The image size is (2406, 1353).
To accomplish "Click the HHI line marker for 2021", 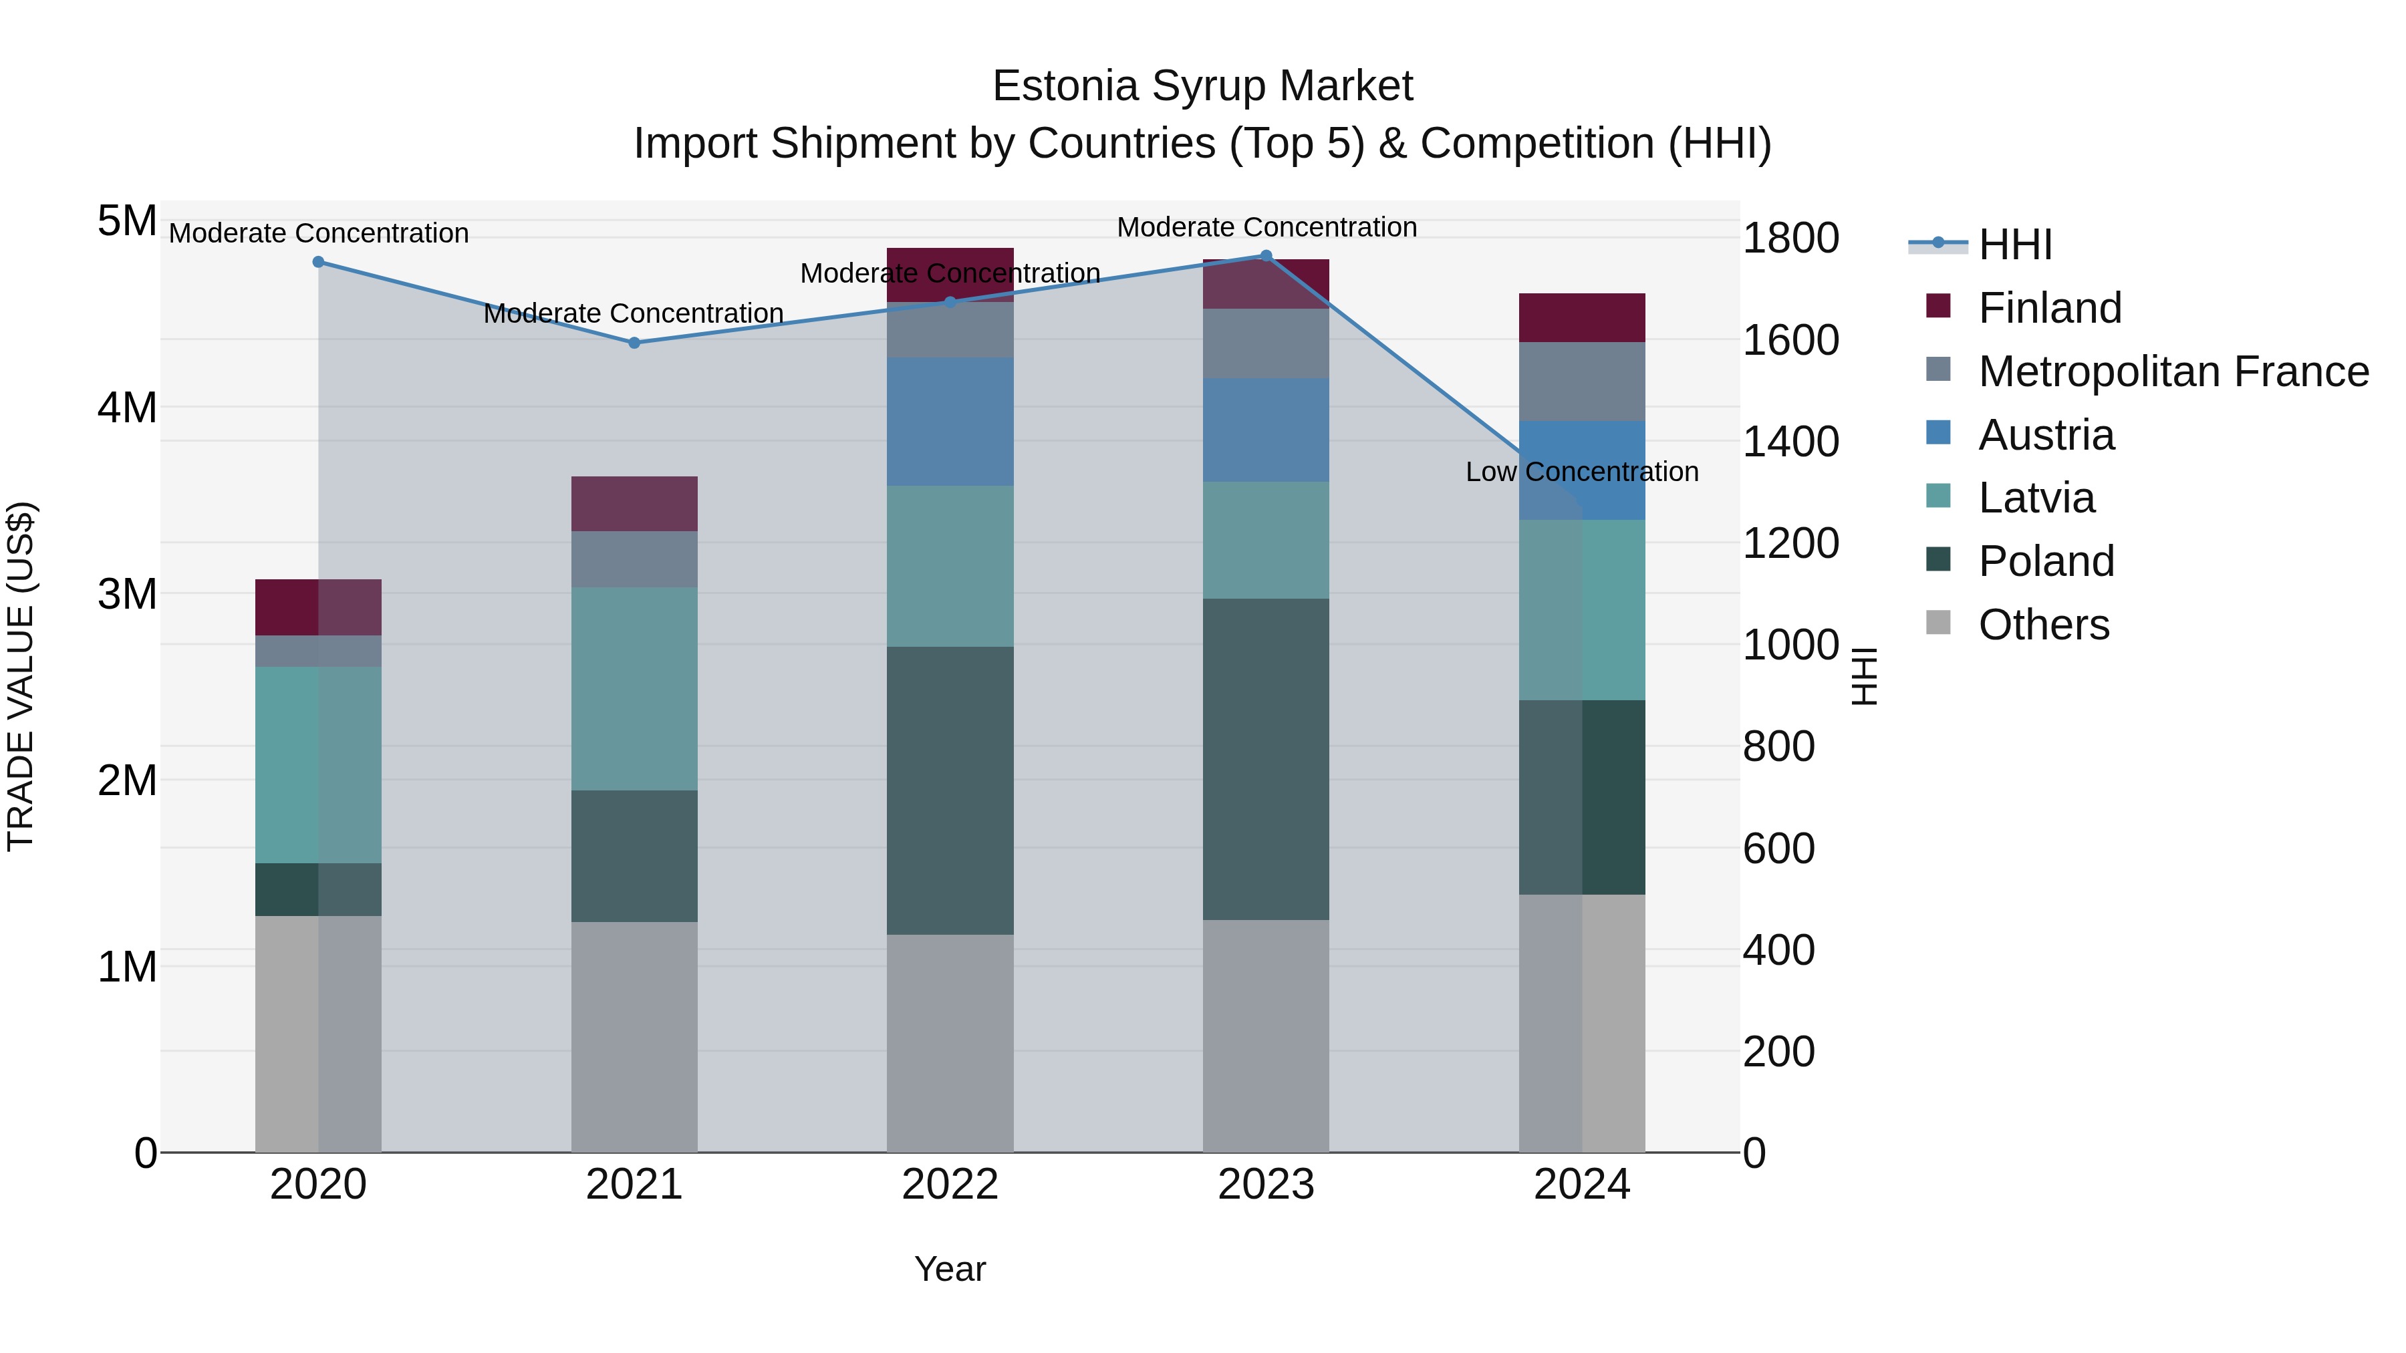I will point(634,343).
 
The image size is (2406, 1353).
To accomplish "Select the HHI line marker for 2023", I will point(1266,256).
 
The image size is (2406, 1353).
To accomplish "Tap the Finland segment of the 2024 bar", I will point(1581,317).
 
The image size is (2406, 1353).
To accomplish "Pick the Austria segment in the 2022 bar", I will point(950,421).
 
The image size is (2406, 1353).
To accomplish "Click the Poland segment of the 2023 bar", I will point(1266,758).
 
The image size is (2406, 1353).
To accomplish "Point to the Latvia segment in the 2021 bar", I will point(634,688).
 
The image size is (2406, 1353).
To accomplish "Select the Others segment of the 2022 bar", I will point(950,1043).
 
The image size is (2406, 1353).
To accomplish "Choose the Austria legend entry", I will point(2046,435).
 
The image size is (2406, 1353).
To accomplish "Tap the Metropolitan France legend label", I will point(2173,371).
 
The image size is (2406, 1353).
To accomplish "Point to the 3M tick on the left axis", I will point(127,594).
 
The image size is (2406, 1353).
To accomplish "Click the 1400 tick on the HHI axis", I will point(1790,442).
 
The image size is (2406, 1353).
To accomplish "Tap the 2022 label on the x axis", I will point(950,1185).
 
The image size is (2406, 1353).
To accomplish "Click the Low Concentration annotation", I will point(1581,472).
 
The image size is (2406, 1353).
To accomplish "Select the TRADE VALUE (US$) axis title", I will point(21,676).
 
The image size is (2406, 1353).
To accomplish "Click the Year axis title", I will point(950,1269).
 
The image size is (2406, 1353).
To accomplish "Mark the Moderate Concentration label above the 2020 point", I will point(319,233).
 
